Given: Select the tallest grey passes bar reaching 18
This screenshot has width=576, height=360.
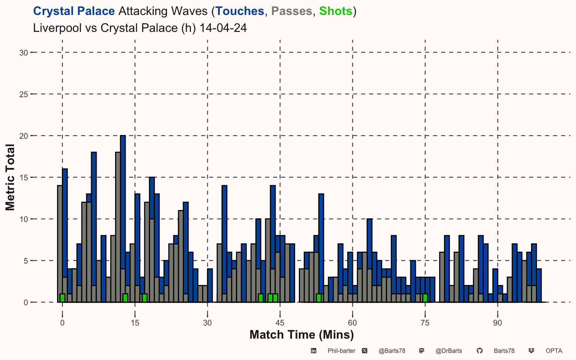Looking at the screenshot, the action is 118,227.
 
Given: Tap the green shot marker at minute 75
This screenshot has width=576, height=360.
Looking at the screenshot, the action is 425,298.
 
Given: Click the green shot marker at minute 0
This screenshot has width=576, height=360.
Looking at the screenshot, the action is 62,298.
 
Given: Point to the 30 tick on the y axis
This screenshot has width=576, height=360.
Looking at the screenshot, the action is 32,52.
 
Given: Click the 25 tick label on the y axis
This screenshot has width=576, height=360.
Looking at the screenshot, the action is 24,94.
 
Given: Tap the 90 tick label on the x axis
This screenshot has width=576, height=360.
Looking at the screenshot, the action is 498,323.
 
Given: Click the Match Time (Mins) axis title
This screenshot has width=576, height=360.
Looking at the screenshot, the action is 301,335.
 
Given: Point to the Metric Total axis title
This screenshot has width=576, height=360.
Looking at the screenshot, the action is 10,177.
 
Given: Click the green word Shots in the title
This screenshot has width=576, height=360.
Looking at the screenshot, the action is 336,11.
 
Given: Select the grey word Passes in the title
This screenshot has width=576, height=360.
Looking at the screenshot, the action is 292,11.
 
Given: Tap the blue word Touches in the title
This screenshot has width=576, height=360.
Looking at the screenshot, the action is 240,11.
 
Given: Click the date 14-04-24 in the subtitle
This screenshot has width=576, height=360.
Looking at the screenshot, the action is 223,28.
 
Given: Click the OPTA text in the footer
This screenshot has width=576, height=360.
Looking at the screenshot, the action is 554,351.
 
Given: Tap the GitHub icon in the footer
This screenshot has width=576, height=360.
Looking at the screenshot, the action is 480,351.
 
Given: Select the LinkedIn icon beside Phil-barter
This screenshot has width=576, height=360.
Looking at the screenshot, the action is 313,351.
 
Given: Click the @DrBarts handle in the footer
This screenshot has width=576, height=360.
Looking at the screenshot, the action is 449,351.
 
